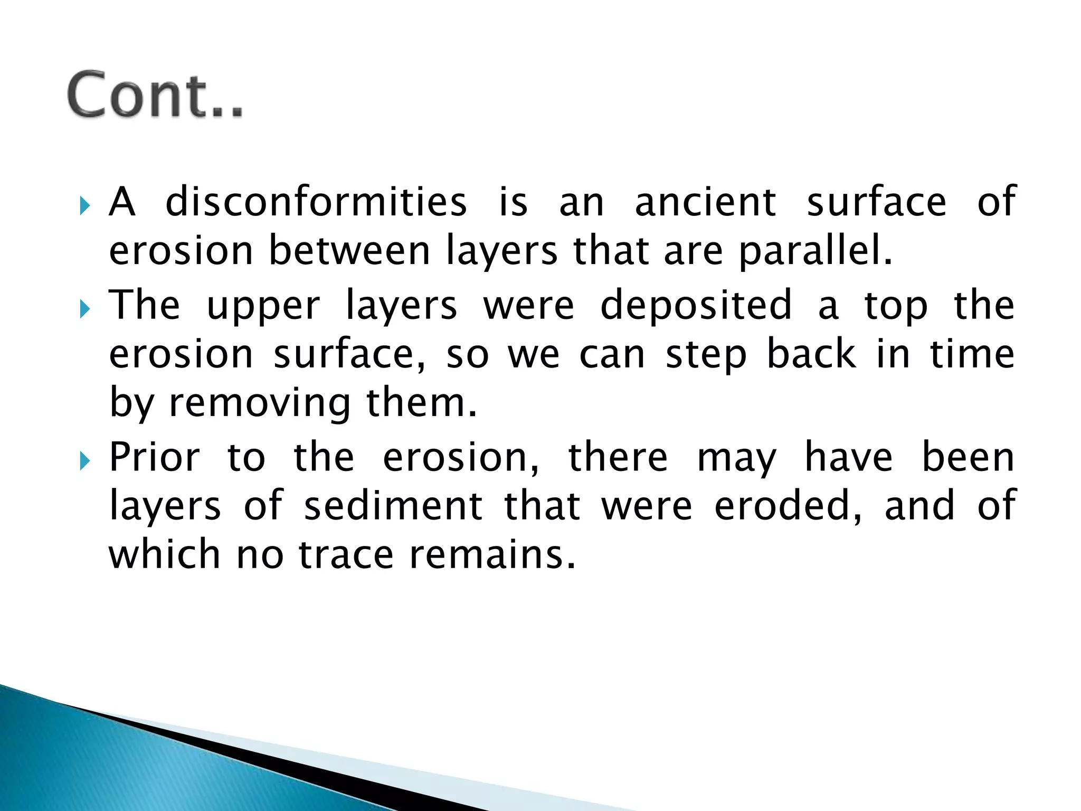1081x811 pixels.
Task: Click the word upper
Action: pyautogui.click(x=263, y=306)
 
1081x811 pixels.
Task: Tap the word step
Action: pyautogui.click(x=706, y=355)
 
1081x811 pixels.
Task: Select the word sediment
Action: pyautogui.click(x=393, y=506)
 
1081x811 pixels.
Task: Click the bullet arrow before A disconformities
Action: pyautogui.click(x=85, y=205)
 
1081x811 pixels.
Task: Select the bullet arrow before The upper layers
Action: pyautogui.click(x=85, y=309)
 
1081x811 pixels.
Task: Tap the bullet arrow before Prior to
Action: pyautogui.click(x=85, y=461)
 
